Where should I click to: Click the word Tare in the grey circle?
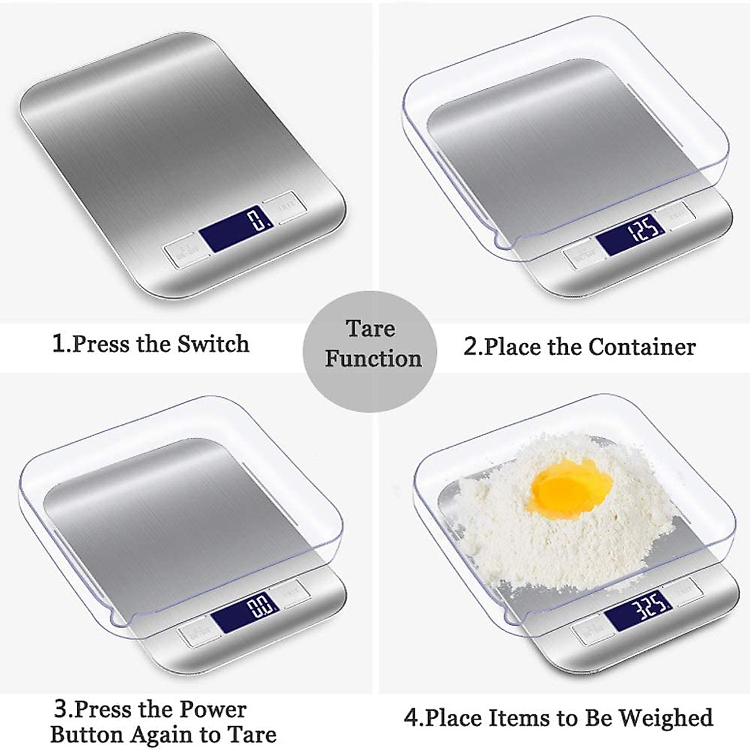coord(371,329)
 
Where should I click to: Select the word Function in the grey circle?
coord(373,359)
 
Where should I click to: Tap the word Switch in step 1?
coord(213,344)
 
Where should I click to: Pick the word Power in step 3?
coord(212,709)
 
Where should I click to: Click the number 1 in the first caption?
coord(58,344)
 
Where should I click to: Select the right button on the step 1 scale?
coord(282,205)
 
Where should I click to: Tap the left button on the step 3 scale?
coord(194,634)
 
